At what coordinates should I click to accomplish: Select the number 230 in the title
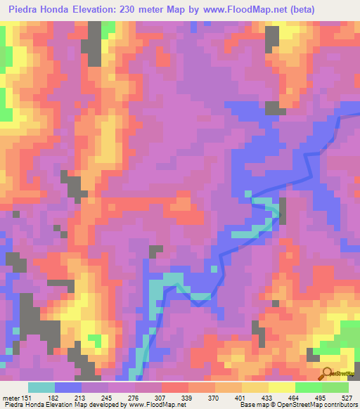(x=129, y=9)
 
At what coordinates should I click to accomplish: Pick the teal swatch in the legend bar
(x=41, y=387)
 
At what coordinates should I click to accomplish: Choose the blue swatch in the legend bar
(x=67, y=387)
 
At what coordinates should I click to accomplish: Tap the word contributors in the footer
(x=338, y=405)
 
